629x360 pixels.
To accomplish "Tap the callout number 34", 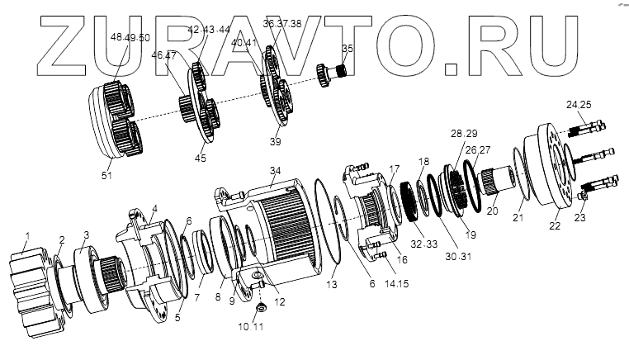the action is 276,171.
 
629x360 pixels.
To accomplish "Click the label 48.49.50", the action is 130,37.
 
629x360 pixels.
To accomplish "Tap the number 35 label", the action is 348,49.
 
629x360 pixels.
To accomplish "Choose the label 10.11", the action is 252,327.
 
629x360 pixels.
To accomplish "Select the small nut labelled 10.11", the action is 258,308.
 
